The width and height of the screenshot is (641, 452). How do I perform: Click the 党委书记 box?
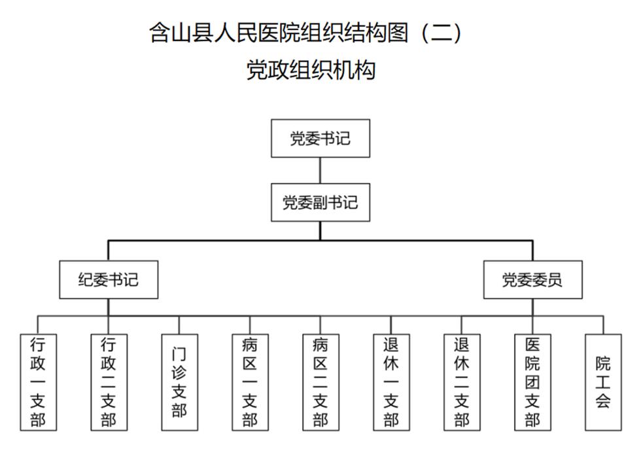(320, 138)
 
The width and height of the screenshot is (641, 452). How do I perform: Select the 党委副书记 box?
(320, 202)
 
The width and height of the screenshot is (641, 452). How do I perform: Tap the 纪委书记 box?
(109, 280)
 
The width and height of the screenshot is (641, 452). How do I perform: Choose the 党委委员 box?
(532, 280)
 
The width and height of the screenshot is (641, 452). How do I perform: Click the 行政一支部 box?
(38, 382)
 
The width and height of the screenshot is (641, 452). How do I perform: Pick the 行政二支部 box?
(109, 382)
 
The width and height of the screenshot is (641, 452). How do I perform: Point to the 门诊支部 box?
(179, 382)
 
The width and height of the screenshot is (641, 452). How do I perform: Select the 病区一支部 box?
(250, 382)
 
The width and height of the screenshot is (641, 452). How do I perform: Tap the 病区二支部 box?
(320, 382)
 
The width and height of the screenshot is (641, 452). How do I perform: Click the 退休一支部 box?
(391, 382)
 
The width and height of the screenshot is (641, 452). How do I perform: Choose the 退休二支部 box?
(462, 382)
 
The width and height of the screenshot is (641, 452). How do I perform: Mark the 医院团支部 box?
(532, 382)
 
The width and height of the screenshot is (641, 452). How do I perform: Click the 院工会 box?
(603, 382)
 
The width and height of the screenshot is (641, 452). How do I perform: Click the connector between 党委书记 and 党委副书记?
(320, 170)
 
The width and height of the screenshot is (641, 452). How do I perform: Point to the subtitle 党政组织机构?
(311, 70)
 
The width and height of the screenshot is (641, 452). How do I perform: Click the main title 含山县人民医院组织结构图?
(279, 33)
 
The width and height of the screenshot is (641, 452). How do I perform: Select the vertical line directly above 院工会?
(603, 325)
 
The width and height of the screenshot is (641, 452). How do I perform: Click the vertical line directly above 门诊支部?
(179, 325)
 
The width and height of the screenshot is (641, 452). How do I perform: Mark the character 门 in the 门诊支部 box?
(179, 354)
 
